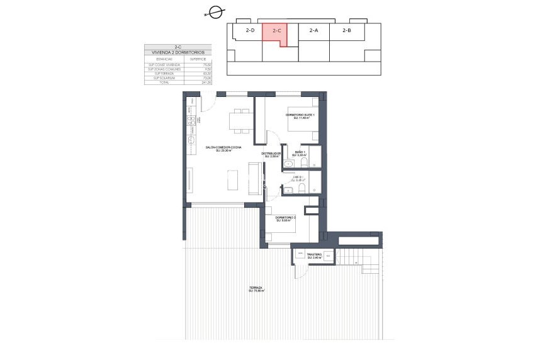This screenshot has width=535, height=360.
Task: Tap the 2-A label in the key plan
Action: click(x=313, y=30)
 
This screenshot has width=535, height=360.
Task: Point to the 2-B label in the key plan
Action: click(x=347, y=30)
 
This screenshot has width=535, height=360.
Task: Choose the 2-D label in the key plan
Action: click(x=250, y=30)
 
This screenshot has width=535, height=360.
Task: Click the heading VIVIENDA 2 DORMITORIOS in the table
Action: click(x=178, y=52)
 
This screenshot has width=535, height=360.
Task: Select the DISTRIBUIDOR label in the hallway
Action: click(x=271, y=154)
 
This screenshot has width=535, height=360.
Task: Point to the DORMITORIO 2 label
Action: click(x=286, y=218)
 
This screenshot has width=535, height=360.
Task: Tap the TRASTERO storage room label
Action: click(x=315, y=256)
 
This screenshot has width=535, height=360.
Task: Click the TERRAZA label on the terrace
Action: click(x=256, y=289)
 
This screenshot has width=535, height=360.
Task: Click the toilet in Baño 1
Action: click(x=305, y=165)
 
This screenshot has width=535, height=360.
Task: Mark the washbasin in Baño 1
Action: click(x=288, y=165)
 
